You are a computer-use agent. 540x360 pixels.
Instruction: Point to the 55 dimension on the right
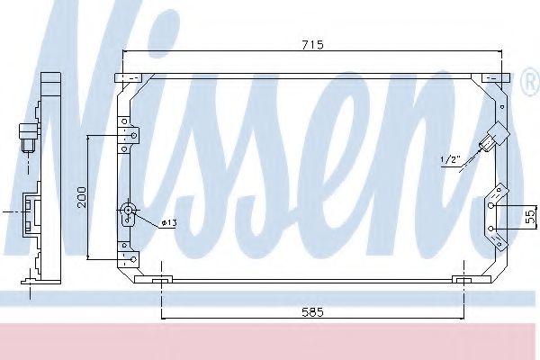pyautogui.click(x=530, y=217)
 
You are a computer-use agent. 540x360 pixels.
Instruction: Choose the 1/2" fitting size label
pyautogui.click(x=450, y=159)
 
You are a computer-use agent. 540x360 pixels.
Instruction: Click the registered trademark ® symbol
pyautogui.click(x=528, y=84)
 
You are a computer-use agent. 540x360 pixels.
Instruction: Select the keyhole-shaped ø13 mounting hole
pyautogui.click(x=128, y=214)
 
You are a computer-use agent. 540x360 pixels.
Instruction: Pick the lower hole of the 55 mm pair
pyautogui.click(x=492, y=229)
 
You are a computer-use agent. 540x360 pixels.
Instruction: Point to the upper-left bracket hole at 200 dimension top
pyautogui.click(x=133, y=136)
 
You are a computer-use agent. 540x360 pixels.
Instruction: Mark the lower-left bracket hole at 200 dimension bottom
pyautogui.click(x=133, y=259)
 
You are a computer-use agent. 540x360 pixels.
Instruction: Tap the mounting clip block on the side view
pyautogui.click(x=31, y=214)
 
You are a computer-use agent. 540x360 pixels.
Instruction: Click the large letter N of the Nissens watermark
pyautogui.click(x=63, y=135)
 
